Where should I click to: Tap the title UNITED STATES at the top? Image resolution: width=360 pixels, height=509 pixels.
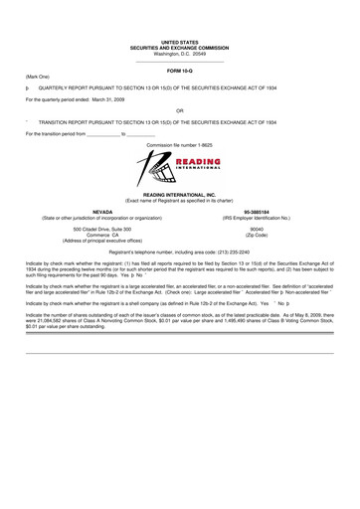click(x=180, y=42)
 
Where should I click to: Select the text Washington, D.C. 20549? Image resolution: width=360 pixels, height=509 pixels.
click(x=180, y=54)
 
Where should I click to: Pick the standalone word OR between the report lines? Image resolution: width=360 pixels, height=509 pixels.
click(x=180, y=110)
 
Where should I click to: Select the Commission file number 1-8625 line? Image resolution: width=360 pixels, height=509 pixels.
click(x=180, y=144)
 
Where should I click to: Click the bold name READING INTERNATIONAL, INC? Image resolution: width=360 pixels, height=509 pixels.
click(x=180, y=195)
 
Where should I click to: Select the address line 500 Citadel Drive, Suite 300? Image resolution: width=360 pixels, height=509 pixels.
click(x=102, y=229)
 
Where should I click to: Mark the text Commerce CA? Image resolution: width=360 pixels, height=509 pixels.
click(x=102, y=235)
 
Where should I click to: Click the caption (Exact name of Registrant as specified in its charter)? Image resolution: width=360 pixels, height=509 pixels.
click(x=180, y=201)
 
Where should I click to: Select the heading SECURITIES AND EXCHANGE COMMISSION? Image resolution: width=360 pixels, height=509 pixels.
click(x=180, y=48)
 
